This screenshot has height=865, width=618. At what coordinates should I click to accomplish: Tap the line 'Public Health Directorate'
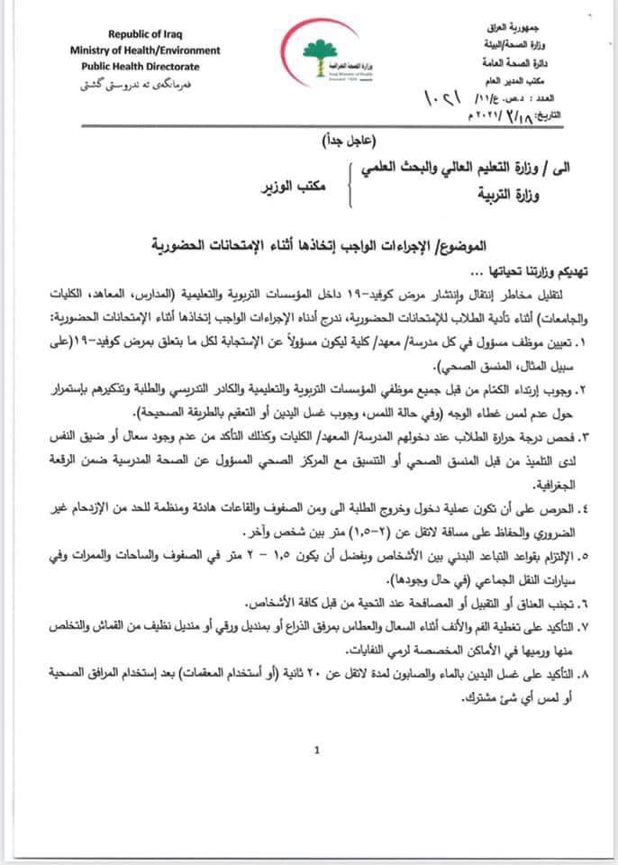click(x=135, y=66)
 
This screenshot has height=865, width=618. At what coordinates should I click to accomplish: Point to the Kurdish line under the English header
click(x=135, y=83)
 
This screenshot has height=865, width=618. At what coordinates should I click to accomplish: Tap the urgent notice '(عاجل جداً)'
click(x=349, y=142)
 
